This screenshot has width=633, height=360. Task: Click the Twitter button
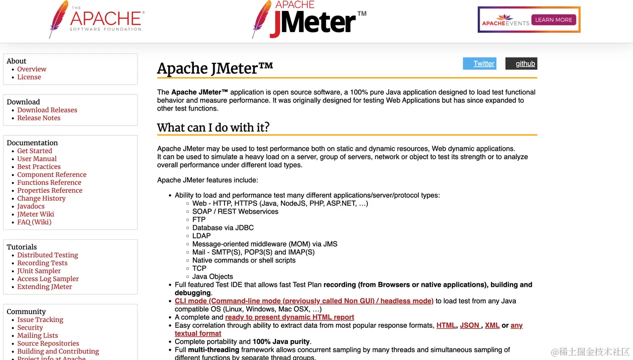(479, 63)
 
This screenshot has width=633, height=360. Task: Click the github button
(521, 63)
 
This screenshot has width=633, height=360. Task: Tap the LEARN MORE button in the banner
(553, 20)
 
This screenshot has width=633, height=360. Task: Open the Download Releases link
(47, 110)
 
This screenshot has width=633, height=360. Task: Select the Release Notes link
(39, 118)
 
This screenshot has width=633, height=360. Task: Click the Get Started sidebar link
(35, 151)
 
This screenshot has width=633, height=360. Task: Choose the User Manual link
(37, 159)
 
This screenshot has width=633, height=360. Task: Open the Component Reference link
(51, 175)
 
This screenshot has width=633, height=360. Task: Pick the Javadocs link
(31, 206)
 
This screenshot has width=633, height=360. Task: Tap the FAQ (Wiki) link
(34, 222)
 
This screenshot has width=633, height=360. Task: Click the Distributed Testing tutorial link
(47, 255)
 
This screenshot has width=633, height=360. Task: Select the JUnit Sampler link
(39, 271)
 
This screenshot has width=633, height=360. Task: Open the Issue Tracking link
(40, 319)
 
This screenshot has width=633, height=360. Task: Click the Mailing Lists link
(38, 335)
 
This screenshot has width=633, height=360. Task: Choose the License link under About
(29, 77)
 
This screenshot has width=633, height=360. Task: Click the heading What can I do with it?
(213, 127)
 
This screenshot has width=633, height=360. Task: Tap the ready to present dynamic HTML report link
(289, 317)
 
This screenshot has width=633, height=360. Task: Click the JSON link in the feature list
(469, 325)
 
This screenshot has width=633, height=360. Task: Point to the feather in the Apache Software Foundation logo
(58, 19)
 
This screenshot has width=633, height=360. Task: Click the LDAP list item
(201, 236)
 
